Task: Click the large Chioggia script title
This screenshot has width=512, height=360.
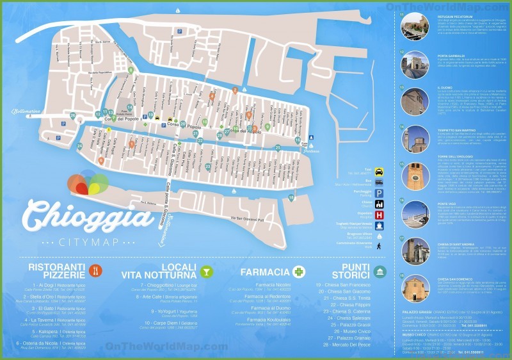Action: [x=88, y=215]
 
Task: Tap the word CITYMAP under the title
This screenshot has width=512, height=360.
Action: [x=88, y=243]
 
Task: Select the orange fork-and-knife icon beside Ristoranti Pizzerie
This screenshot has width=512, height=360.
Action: [x=95, y=270]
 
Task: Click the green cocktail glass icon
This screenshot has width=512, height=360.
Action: [x=206, y=271]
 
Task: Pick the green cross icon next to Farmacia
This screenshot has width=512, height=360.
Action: [x=298, y=272]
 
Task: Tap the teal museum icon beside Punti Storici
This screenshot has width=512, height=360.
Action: [x=380, y=271]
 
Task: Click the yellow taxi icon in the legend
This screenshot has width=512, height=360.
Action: [x=380, y=172]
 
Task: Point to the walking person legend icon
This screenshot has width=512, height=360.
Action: [x=380, y=245]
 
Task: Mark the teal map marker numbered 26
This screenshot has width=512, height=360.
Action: [x=72, y=116]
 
